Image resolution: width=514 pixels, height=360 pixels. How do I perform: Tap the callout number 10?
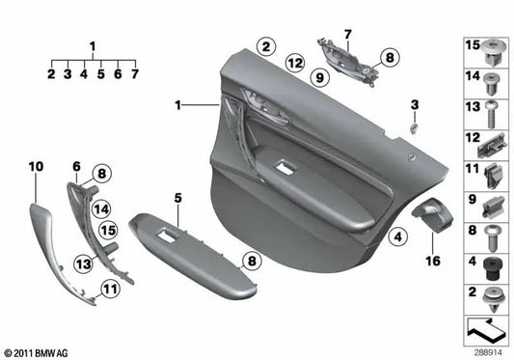[36, 167]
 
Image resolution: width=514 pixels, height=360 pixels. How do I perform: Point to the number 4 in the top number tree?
[84, 73]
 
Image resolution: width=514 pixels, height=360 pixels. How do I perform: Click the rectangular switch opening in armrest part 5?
[166, 233]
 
